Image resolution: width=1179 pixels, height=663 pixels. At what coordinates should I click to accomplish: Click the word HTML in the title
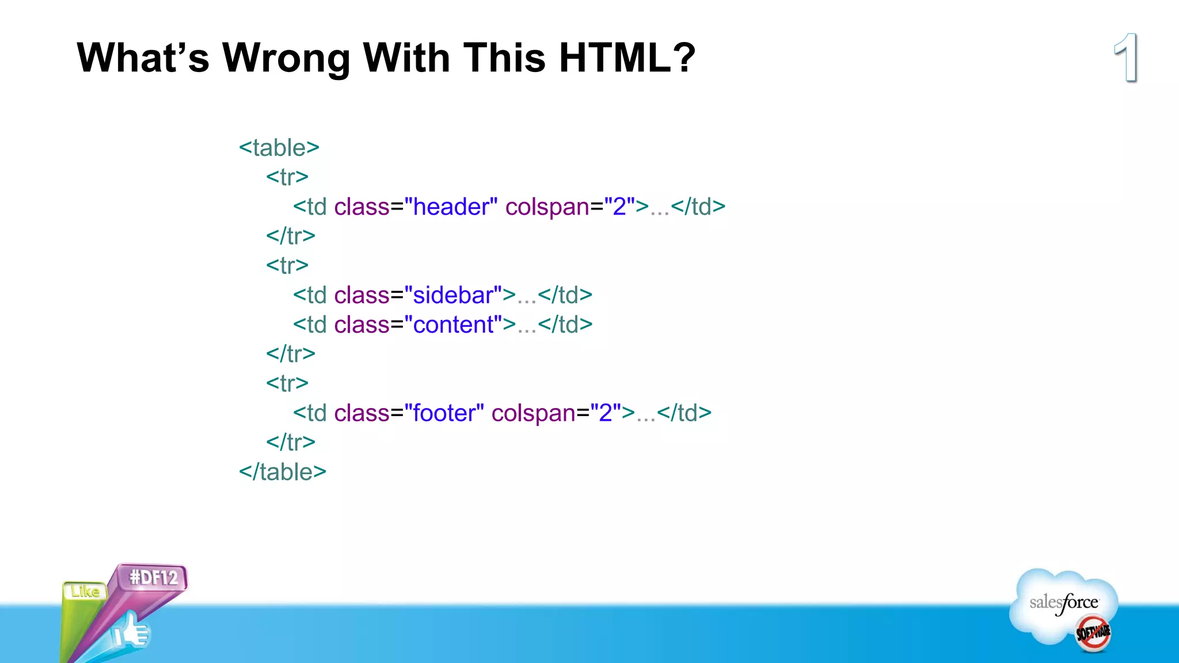coord(615,58)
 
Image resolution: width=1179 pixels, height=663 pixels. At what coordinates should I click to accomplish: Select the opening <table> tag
coord(279,148)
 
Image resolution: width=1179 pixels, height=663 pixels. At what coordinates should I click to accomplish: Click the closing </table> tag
coord(283,472)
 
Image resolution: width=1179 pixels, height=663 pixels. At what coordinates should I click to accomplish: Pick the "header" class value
coord(451,207)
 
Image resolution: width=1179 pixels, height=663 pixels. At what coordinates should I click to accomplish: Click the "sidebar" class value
coord(453,295)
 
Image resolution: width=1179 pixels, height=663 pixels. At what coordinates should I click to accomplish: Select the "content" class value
coord(453,325)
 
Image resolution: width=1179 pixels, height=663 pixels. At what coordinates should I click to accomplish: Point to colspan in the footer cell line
coord(533,413)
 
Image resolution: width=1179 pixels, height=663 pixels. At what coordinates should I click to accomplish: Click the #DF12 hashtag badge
coord(154,577)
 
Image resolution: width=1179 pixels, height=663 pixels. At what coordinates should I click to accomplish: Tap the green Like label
coord(85,591)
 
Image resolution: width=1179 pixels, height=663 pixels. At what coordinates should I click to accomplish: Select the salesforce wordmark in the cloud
coord(1063,603)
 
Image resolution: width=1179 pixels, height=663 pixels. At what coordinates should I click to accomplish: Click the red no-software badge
coord(1093,633)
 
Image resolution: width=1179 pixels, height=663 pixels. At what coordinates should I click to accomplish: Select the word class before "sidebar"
coord(362,295)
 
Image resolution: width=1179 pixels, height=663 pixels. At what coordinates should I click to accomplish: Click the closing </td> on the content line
coord(565,325)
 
